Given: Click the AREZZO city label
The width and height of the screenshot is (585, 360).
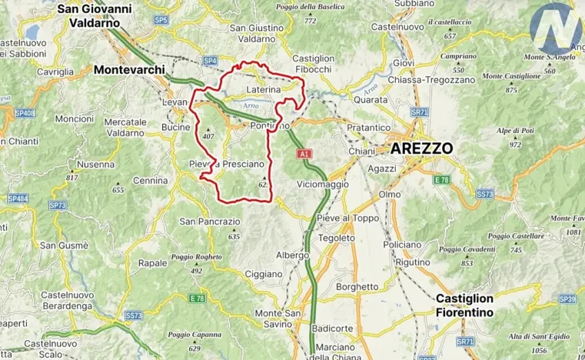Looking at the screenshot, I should point(421,148).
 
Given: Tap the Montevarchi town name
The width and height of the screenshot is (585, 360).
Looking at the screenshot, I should point(129,70).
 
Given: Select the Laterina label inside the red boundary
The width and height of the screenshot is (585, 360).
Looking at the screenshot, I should point(264,90).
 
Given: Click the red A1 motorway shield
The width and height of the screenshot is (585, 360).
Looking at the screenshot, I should point(304,155).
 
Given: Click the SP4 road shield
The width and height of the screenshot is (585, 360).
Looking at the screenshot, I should point(210,60).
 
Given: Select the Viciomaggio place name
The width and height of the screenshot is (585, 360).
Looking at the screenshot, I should point(322,185).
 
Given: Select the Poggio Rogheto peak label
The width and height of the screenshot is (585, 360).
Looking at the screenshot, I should point(196,258).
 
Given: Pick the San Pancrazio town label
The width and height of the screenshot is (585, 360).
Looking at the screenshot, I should point(209,222).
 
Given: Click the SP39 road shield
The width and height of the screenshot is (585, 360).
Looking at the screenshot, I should point(567,298).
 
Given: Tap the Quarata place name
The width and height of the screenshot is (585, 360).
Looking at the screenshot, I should point(371,98).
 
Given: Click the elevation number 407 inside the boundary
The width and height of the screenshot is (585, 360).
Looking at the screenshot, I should point(208,136).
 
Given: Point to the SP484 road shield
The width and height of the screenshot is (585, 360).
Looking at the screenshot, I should point(18,198).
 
